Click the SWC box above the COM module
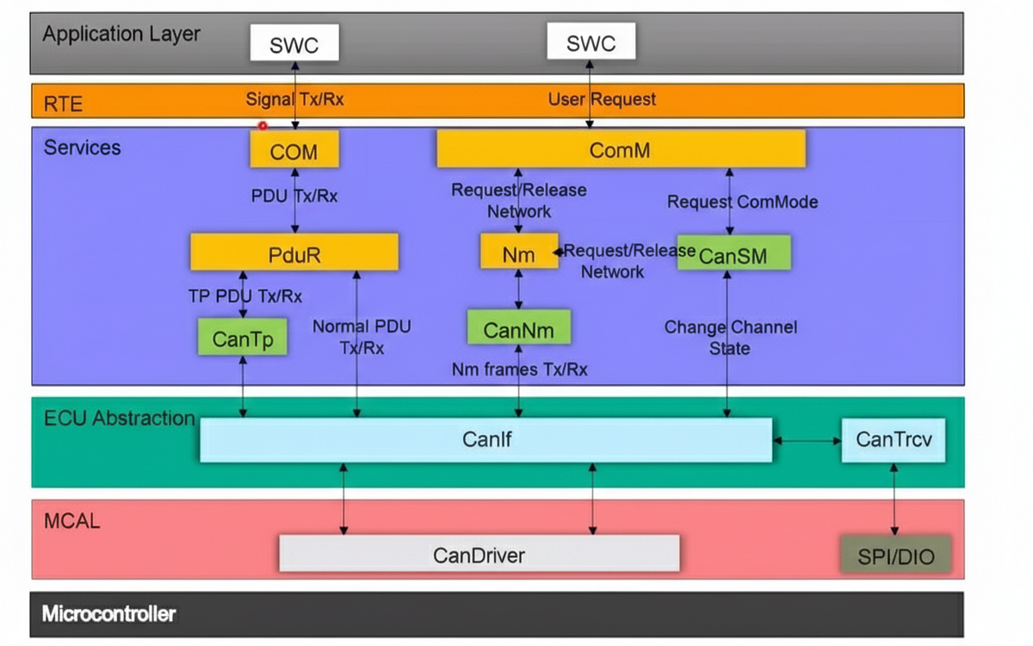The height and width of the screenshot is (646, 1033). click(x=294, y=43)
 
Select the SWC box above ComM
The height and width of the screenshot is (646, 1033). click(x=591, y=42)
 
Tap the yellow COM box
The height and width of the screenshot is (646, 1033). click(x=294, y=151)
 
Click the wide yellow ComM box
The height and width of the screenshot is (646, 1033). click(x=621, y=149)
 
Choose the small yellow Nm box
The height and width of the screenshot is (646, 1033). click(x=518, y=253)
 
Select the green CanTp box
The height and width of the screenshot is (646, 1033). click(x=242, y=338)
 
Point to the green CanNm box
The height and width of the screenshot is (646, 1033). click(x=518, y=329)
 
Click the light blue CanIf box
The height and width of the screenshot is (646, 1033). click(x=486, y=440)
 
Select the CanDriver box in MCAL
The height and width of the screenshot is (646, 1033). click(x=479, y=554)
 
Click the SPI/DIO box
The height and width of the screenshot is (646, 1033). click(x=895, y=556)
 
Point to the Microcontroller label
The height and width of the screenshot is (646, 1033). click(x=108, y=614)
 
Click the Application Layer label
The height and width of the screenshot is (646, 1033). click(x=121, y=34)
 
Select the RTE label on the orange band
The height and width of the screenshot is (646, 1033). click(x=63, y=104)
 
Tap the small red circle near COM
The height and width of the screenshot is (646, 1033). click(x=263, y=126)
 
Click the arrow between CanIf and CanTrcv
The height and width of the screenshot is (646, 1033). click(x=807, y=440)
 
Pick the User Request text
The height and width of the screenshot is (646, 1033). click(x=602, y=99)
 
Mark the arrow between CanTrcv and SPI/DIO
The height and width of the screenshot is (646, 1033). click(x=894, y=500)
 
